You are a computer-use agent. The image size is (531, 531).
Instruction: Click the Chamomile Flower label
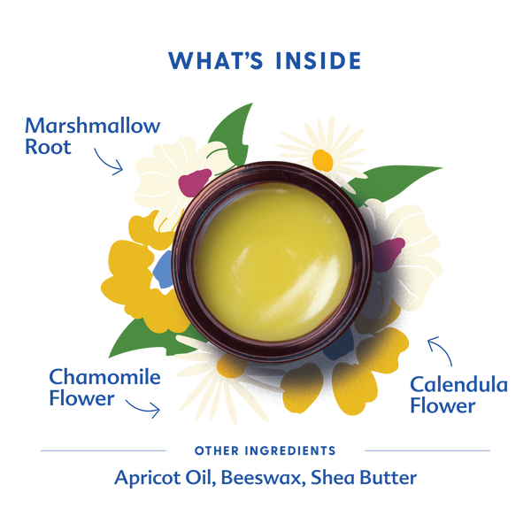[x=104, y=387]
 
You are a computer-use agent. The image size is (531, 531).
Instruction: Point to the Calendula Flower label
[x=458, y=395]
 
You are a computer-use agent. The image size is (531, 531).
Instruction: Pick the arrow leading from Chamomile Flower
[x=143, y=405]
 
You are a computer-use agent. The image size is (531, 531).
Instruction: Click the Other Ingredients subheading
[x=265, y=450]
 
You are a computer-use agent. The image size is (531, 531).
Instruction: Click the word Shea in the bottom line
[x=346, y=478]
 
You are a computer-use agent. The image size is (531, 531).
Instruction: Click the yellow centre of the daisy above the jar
[x=323, y=160]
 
